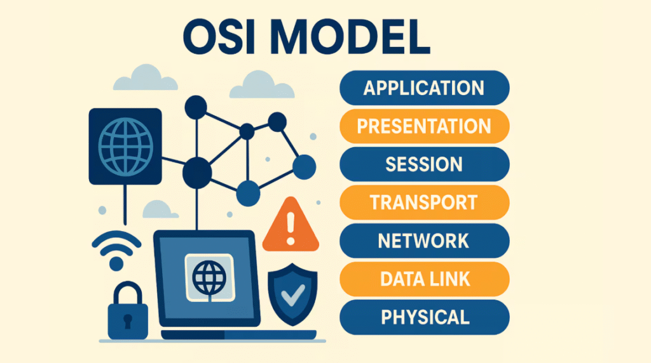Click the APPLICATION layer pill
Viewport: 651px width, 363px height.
425,88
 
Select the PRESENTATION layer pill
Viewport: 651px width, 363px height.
425,126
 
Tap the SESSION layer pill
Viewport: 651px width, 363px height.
425,164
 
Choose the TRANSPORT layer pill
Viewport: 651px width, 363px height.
425,202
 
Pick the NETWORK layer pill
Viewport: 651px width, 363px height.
425,241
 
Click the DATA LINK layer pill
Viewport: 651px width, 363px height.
425,279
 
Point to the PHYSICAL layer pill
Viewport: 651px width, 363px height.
425,317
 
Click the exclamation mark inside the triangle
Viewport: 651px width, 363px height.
291,227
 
